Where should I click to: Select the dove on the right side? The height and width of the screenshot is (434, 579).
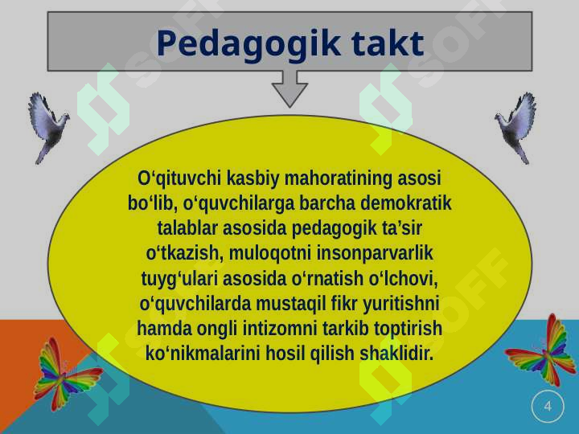(x=516, y=125)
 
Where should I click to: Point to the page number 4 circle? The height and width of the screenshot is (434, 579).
(x=548, y=407)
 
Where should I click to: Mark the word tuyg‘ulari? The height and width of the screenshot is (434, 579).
(x=175, y=279)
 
